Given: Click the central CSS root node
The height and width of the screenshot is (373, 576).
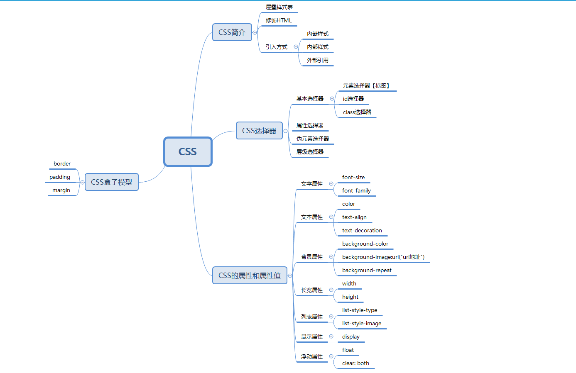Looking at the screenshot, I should coord(188,151).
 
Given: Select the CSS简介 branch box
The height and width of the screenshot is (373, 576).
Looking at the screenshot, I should coord(232,32).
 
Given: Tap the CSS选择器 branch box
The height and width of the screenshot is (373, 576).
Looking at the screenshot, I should coord(259,131).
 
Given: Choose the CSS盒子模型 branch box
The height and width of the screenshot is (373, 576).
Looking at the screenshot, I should coord(111,182).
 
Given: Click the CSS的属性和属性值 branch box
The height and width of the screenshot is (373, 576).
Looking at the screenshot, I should coord(250,275).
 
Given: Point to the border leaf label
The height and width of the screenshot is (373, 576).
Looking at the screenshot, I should coord(62,164).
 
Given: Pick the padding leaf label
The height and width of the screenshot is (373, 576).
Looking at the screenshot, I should coord(60,177).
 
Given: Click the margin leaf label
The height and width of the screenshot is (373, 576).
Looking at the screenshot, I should coord(61,190).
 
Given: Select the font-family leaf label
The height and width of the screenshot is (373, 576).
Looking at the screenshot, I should coord(356,191).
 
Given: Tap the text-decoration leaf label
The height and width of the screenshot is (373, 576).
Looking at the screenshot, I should coord(362,231).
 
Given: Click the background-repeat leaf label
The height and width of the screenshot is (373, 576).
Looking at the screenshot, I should coord(367,271).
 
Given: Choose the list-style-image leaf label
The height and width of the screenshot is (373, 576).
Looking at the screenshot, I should coord(361,324).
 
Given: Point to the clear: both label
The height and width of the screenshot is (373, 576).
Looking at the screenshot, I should coord(355,363).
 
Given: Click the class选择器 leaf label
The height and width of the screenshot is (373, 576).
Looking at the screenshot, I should coord(357,112).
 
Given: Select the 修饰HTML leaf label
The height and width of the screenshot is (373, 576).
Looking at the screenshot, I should coord(279,20).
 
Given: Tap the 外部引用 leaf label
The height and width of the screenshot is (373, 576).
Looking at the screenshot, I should coord(318,60).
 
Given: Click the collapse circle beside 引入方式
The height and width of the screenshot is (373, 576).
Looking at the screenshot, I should coord(296,47).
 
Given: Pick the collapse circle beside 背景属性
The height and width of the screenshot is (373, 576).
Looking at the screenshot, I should coord(331,257).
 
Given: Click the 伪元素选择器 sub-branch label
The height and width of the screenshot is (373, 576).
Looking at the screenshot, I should coord(312,139).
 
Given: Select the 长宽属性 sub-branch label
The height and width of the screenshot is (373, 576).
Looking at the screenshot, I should coord(311,290).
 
